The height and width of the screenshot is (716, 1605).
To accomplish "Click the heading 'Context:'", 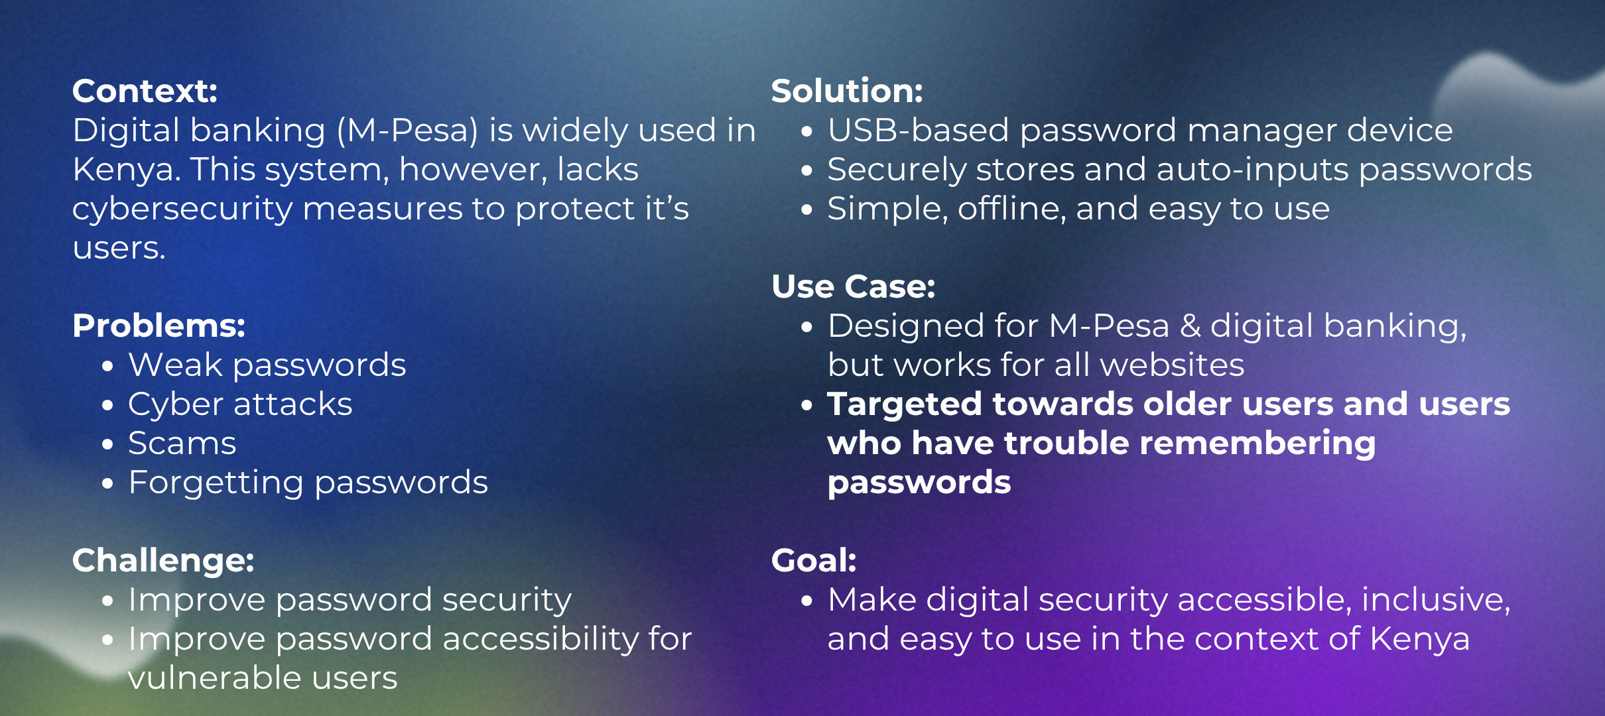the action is (x=145, y=91).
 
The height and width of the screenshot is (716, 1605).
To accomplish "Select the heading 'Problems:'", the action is (x=159, y=326).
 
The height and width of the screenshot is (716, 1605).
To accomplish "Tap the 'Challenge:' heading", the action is (x=163, y=560).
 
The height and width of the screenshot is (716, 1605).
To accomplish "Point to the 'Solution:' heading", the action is (x=847, y=91).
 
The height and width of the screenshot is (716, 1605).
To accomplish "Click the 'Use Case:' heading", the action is (x=854, y=286).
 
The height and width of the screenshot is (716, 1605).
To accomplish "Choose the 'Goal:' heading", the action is (x=814, y=560).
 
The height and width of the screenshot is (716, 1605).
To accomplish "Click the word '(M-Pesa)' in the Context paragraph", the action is (x=407, y=131).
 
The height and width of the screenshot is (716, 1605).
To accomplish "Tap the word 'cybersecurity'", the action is (x=182, y=209).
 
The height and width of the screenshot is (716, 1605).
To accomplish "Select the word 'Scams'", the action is (x=182, y=443).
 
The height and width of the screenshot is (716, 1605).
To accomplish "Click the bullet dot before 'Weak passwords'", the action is (x=108, y=366).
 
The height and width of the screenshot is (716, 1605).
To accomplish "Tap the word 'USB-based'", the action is (x=919, y=130).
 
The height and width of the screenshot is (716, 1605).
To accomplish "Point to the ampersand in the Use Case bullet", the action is (x=1190, y=326).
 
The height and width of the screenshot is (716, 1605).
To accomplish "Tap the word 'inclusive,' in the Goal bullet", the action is (x=1436, y=600).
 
